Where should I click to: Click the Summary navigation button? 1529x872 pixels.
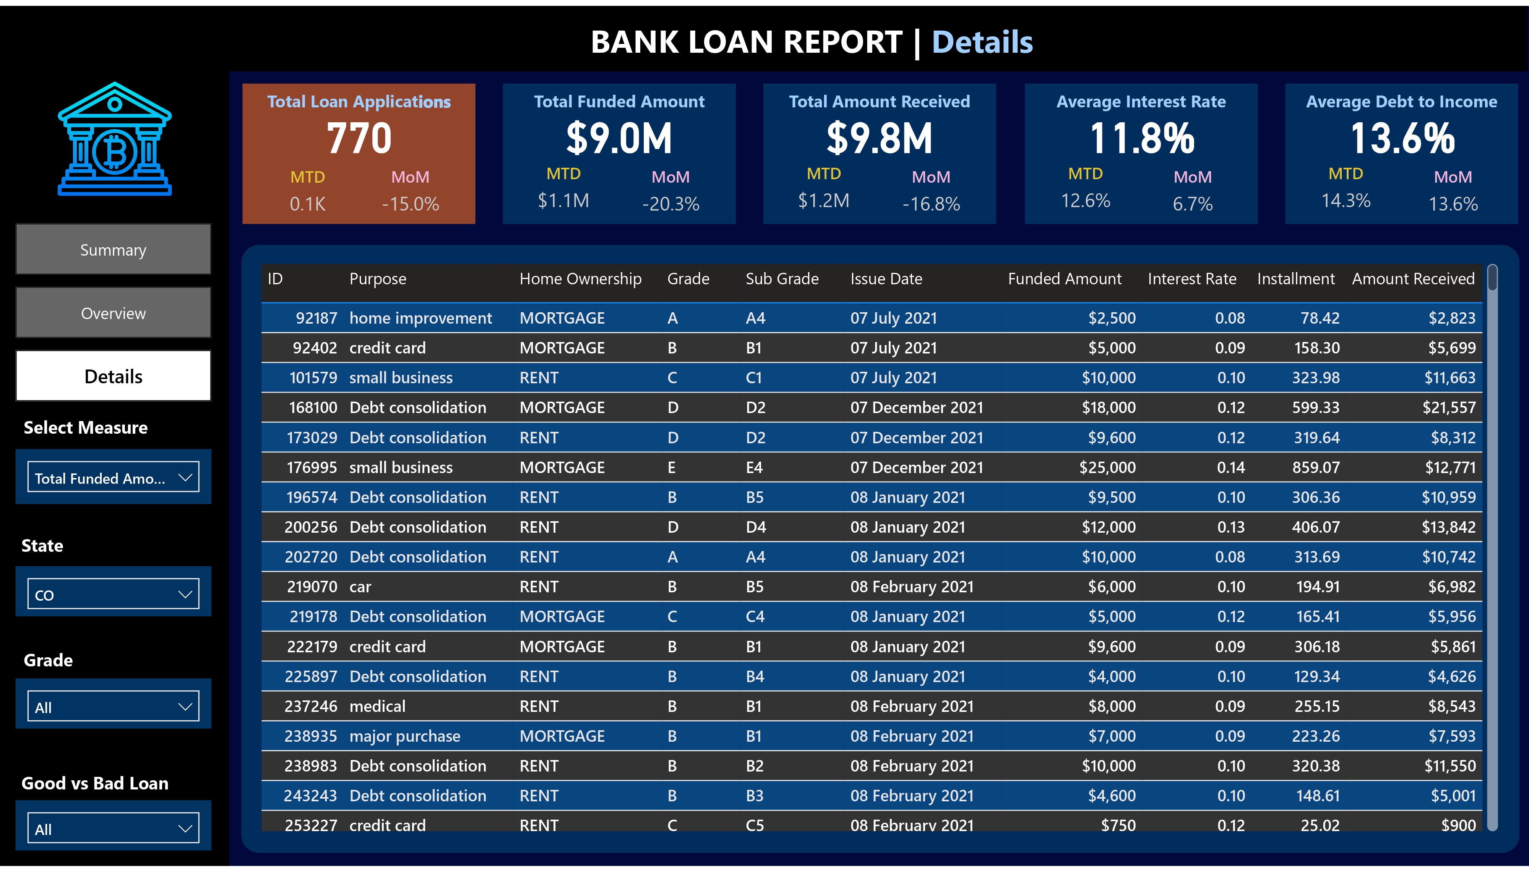[113, 250]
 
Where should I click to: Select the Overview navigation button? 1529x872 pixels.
[113, 313]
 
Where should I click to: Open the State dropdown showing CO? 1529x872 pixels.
[113, 595]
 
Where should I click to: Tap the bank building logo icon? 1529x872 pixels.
[114, 139]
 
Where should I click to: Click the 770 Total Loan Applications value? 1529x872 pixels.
[359, 138]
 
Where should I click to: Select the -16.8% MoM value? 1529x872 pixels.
[931, 204]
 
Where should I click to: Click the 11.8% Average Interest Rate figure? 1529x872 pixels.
[1141, 138]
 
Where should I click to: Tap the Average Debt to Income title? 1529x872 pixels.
[1401, 102]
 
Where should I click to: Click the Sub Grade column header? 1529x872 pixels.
[782, 279]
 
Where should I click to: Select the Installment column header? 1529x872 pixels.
[1295, 279]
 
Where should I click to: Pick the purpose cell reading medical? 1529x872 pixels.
[377, 707]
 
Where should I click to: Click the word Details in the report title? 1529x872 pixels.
[982, 42]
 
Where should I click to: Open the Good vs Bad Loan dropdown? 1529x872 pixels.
[113, 829]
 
